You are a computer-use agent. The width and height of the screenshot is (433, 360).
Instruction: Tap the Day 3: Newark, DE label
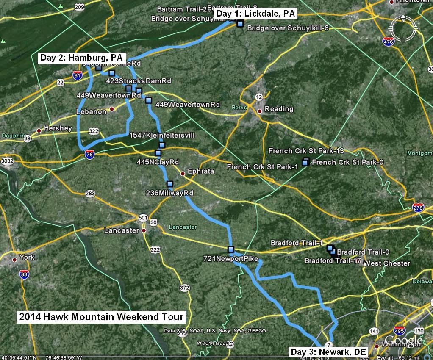328,352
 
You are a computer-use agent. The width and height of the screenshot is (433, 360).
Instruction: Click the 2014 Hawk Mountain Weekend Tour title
101,317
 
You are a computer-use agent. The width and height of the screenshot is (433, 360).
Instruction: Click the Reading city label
279,109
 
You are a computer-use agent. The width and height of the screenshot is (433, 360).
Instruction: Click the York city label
27,258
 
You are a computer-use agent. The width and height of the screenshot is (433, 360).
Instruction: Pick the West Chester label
387,263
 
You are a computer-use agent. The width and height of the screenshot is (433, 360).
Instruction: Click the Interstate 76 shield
89,155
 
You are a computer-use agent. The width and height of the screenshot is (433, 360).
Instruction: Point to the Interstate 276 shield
418,208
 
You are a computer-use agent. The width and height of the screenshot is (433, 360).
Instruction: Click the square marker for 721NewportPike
231,249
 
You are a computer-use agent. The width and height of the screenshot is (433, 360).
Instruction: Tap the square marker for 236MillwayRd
170,184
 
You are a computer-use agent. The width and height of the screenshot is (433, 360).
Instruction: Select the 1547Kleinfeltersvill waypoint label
162,135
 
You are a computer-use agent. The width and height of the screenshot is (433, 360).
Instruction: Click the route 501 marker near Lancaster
143,218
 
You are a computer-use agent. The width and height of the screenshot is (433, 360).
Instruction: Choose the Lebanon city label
91,111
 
